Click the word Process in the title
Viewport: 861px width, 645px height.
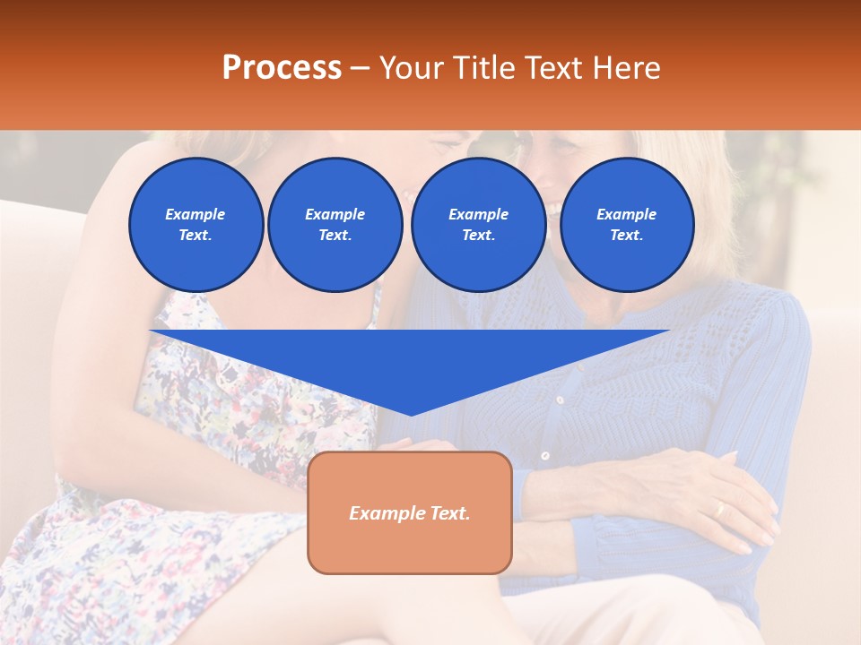(282, 67)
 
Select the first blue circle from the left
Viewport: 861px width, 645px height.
(196, 224)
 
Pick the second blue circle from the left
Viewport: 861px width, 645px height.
(335, 224)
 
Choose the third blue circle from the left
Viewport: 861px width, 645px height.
(478, 224)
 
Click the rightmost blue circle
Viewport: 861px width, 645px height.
(626, 224)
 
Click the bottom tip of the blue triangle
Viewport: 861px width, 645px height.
(411, 414)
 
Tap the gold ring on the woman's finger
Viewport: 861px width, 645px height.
(717, 509)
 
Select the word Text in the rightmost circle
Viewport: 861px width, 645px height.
(626, 236)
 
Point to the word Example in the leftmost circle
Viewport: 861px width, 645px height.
(196, 214)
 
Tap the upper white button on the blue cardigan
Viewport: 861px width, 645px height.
(559, 400)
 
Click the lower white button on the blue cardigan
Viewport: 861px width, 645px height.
(544, 456)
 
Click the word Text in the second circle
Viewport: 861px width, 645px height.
(335, 236)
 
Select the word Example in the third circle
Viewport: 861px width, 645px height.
(478, 214)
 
